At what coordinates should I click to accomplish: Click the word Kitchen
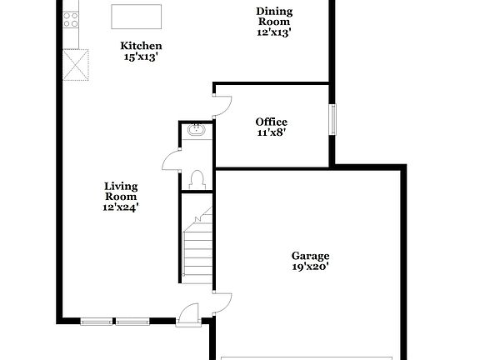(x=141, y=45)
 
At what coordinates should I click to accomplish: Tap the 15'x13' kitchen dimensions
(x=141, y=57)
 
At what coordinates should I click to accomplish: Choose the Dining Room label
(x=274, y=16)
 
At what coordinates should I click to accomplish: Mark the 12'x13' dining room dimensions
(x=274, y=32)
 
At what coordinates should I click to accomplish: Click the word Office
(x=272, y=122)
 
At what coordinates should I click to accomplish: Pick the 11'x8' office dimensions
(x=272, y=132)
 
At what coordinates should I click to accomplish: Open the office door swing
(x=221, y=104)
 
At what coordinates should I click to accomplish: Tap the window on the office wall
(x=332, y=118)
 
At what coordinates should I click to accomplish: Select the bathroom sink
(x=197, y=130)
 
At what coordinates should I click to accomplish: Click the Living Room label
(x=121, y=192)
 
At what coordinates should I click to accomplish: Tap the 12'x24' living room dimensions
(x=121, y=207)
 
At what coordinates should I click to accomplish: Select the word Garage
(x=310, y=256)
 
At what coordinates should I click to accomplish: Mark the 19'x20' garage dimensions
(x=310, y=267)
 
